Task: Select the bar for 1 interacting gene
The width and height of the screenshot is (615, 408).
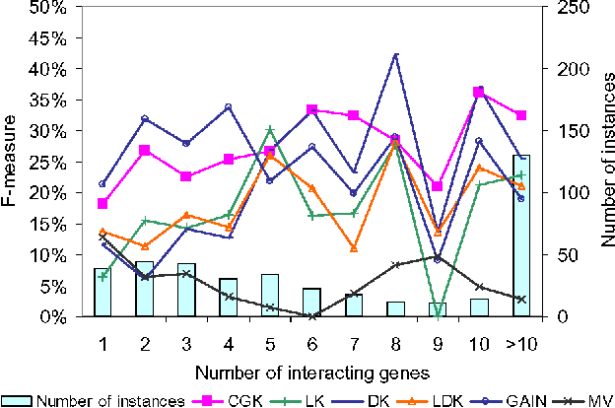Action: (x=102, y=293)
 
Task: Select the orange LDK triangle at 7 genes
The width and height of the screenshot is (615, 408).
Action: (x=354, y=247)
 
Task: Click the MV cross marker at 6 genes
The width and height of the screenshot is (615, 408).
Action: (x=312, y=315)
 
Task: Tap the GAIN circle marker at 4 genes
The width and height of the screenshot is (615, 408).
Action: (x=228, y=106)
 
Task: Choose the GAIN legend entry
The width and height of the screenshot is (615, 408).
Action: (x=521, y=399)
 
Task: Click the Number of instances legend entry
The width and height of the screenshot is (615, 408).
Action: (x=94, y=399)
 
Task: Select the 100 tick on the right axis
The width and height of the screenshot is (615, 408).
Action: (x=573, y=192)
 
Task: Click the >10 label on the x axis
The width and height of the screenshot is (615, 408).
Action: (x=521, y=339)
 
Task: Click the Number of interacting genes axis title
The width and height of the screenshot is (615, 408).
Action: (x=311, y=372)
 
